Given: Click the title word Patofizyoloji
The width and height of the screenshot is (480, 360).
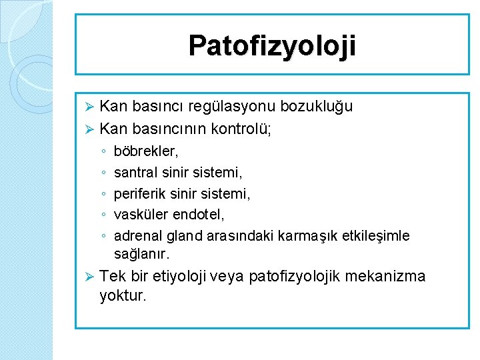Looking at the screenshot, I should (272, 46).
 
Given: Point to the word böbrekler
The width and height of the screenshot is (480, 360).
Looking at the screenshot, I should (146, 153).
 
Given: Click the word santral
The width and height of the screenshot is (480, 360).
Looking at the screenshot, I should (135, 173).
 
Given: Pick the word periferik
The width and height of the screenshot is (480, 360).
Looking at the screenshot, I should (141, 194).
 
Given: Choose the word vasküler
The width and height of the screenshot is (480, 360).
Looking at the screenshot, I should (140, 215).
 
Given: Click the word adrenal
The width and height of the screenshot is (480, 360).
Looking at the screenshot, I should (137, 236).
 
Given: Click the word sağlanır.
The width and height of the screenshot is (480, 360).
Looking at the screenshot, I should (142, 255).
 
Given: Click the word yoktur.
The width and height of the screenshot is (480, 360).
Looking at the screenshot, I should (122, 296).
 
